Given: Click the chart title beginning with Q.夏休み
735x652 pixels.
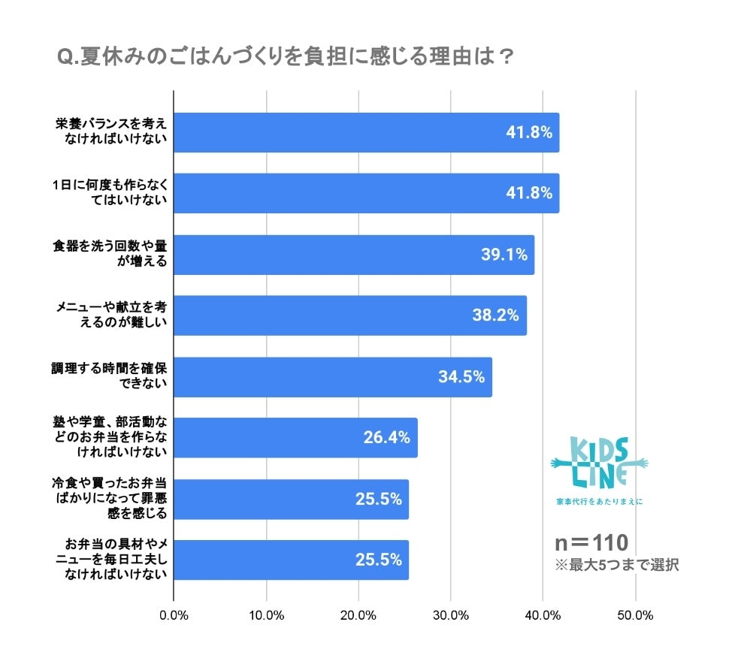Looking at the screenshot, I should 286,58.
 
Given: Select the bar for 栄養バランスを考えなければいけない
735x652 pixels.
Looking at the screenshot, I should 366,133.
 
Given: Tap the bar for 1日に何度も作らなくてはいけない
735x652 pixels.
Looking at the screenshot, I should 366,193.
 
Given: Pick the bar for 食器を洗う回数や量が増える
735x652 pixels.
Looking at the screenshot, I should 354,255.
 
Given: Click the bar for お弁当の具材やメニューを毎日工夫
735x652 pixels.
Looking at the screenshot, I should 292,560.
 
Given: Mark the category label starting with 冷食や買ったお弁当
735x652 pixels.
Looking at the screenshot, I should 110,499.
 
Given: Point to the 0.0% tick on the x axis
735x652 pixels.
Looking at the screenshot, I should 174,616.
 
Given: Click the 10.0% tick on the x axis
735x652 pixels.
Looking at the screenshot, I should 266,616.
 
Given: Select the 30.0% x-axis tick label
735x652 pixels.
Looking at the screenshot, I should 451,616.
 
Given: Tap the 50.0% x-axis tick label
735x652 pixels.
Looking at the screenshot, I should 635,616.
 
